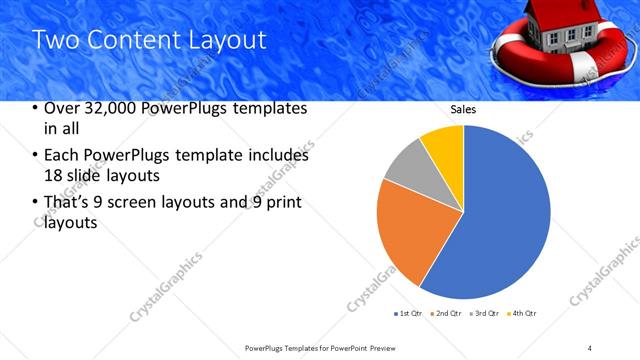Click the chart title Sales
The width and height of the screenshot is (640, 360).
pos(463,111)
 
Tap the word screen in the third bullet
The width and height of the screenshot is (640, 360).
pos(125,203)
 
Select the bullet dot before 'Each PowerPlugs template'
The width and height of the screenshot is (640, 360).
pos(35,156)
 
